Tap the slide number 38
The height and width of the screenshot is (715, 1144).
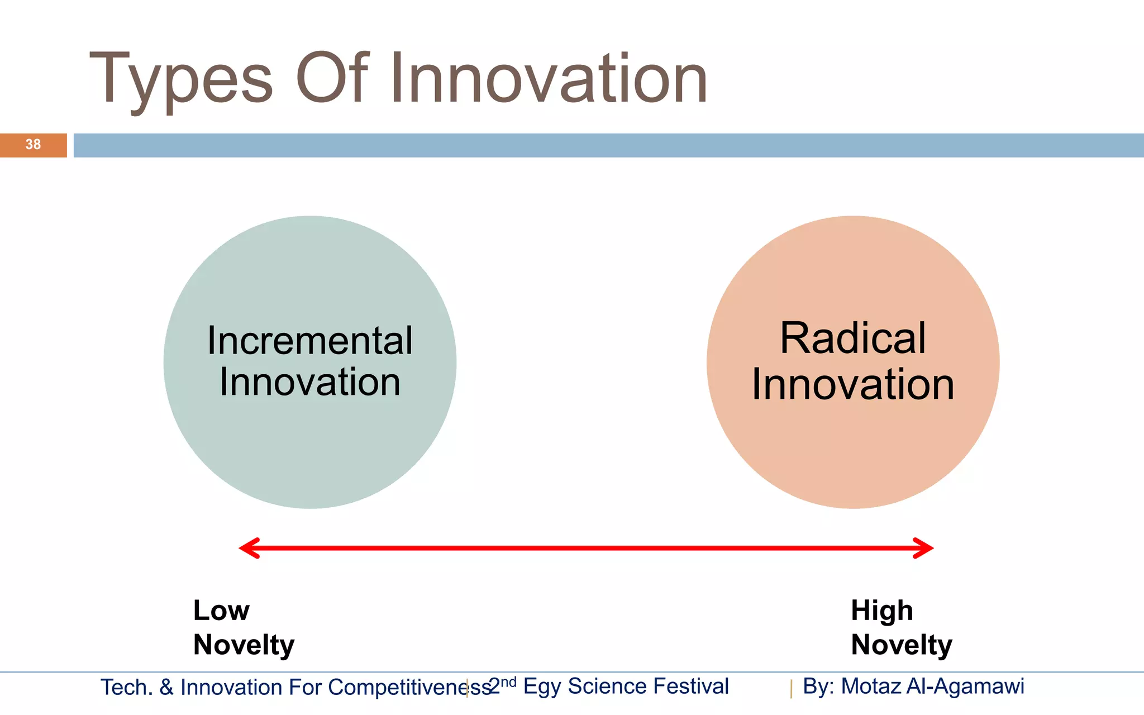coord(33,145)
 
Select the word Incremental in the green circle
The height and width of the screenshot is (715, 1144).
coord(310,341)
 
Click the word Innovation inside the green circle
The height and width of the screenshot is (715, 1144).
coord(310,383)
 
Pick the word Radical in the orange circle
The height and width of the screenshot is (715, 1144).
coord(853,339)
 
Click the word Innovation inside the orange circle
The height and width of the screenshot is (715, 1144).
coord(853,385)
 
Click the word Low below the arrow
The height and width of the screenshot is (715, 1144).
coord(221,611)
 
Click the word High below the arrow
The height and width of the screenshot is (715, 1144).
coord(882,611)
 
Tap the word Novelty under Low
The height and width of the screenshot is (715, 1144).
coord(244,645)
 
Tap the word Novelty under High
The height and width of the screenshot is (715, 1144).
coord(902,645)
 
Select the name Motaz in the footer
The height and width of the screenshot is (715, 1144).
coord(871,687)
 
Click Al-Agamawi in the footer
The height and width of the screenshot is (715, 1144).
coord(965,687)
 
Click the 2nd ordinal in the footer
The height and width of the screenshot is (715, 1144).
coord(502,685)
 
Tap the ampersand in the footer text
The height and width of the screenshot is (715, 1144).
coord(166,688)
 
